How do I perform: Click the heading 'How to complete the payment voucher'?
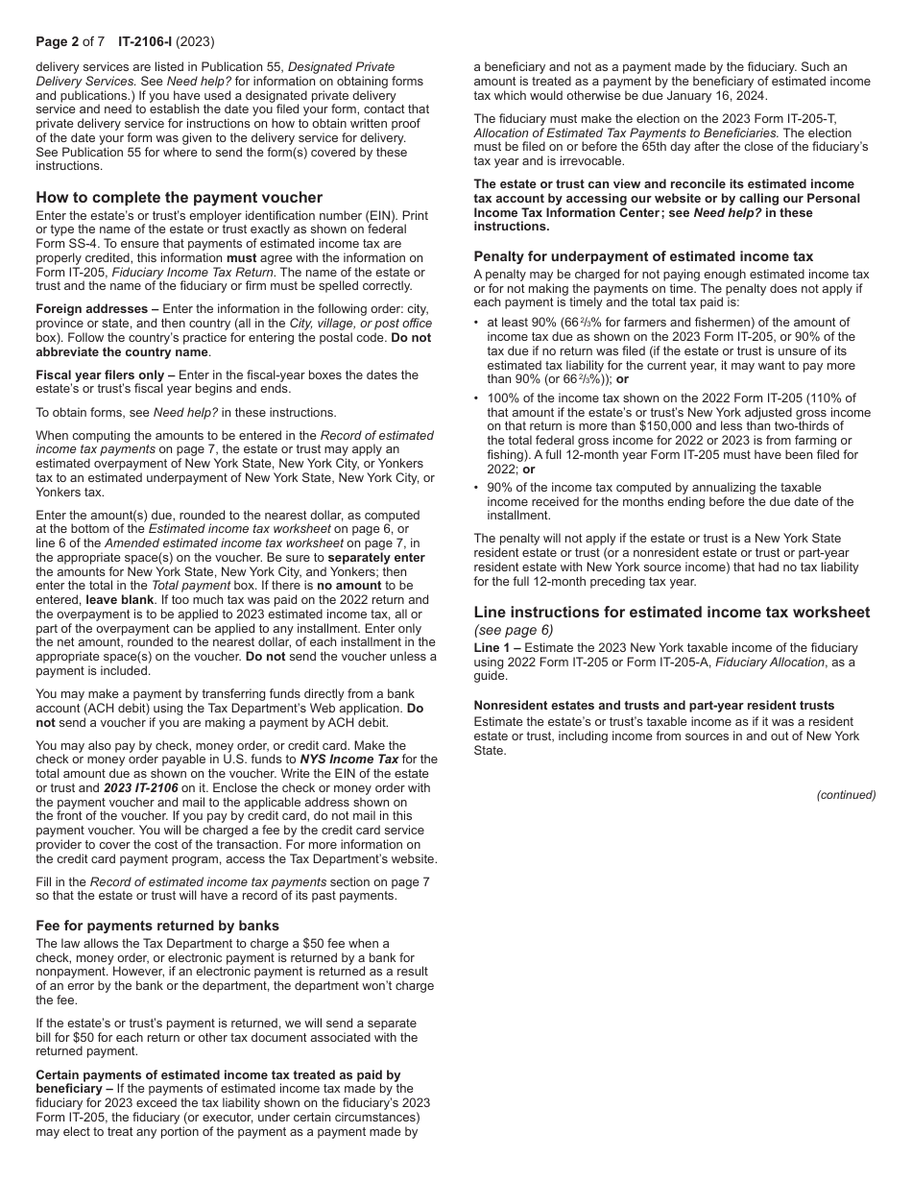click(x=179, y=198)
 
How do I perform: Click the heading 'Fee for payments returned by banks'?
click(x=157, y=926)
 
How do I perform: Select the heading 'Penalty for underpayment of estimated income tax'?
click(x=643, y=256)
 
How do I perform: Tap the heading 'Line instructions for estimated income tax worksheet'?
click(x=672, y=613)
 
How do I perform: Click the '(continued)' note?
click(x=846, y=795)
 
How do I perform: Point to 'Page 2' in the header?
click(x=59, y=41)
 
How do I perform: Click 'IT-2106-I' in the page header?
click(x=146, y=41)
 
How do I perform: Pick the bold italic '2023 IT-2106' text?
click(x=141, y=787)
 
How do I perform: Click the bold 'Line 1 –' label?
click(x=497, y=648)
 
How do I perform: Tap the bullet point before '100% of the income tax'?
click(x=477, y=398)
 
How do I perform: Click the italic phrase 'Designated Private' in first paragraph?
click(x=341, y=67)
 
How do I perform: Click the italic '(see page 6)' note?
click(x=514, y=631)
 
